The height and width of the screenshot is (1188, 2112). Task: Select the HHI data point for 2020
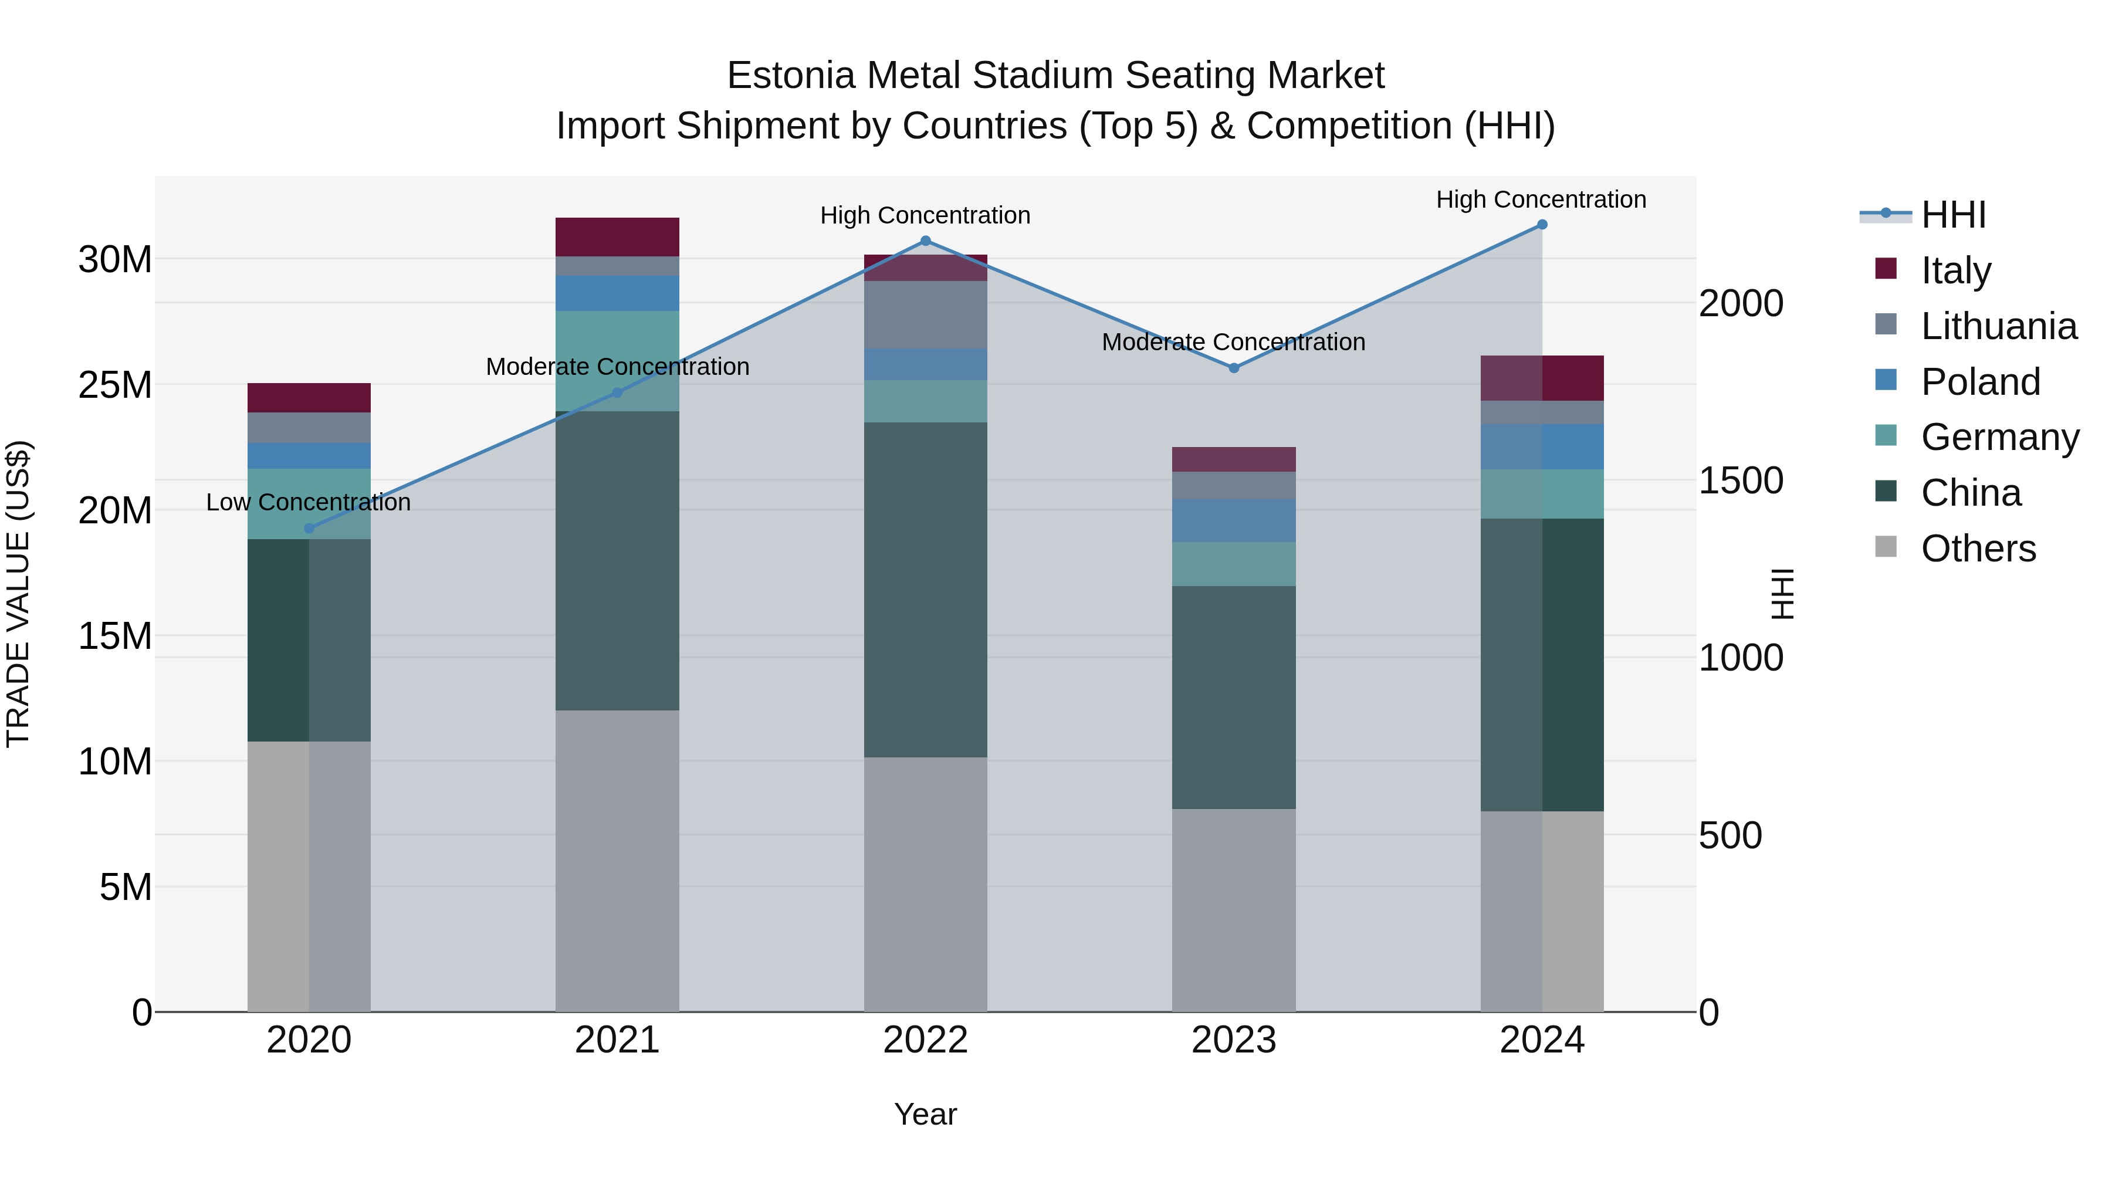point(309,529)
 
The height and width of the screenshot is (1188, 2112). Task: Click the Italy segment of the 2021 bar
point(617,237)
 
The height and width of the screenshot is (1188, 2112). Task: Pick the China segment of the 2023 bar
point(1234,697)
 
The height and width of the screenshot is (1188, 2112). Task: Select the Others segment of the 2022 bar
point(926,884)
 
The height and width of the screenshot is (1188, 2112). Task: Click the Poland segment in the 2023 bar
point(1234,520)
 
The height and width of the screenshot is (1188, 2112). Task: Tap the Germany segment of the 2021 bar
point(617,361)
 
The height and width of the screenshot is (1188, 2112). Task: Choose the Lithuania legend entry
point(1999,326)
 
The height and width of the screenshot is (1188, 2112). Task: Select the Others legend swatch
point(1886,547)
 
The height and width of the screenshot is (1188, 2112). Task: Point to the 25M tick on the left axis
point(115,384)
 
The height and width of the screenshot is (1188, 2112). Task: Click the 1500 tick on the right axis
point(1740,480)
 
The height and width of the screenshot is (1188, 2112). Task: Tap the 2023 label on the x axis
point(1234,1040)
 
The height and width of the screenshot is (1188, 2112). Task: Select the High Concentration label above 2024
point(1541,199)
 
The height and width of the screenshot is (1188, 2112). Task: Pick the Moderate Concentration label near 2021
point(617,367)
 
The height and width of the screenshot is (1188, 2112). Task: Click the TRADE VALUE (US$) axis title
point(18,594)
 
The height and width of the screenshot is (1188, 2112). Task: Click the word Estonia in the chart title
point(790,76)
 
